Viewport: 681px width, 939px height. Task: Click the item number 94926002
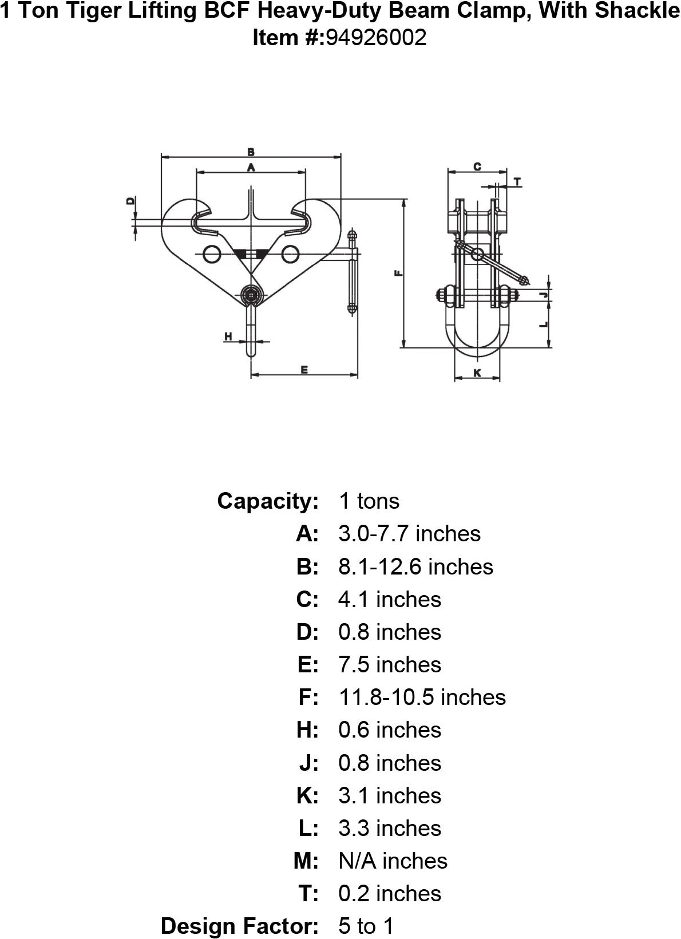[x=376, y=38]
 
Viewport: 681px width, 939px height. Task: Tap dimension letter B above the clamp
[x=251, y=152]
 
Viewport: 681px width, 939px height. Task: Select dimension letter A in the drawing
[x=250, y=167]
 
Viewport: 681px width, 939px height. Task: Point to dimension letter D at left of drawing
[x=130, y=201]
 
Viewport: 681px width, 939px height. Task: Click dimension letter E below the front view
[x=304, y=370]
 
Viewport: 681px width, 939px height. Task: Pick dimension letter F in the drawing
[x=399, y=273]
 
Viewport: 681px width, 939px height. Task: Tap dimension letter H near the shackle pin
[x=228, y=336]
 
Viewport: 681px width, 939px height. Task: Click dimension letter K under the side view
[x=477, y=373]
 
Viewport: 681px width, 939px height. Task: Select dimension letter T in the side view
[x=517, y=183]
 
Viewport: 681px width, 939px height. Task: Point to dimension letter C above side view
[x=477, y=167]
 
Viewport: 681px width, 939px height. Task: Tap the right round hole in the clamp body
[x=290, y=253]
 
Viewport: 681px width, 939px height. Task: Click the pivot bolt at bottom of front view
[x=251, y=295]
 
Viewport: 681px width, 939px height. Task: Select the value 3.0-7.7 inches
[x=409, y=533]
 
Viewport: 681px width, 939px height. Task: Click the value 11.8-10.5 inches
[x=422, y=697]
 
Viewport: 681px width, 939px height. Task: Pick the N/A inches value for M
[x=393, y=861]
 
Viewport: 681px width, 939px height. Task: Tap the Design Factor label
[x=239, y=926]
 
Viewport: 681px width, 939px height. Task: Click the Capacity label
[x=267, y=501]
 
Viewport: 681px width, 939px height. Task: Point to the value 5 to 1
[x=366, y=926]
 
